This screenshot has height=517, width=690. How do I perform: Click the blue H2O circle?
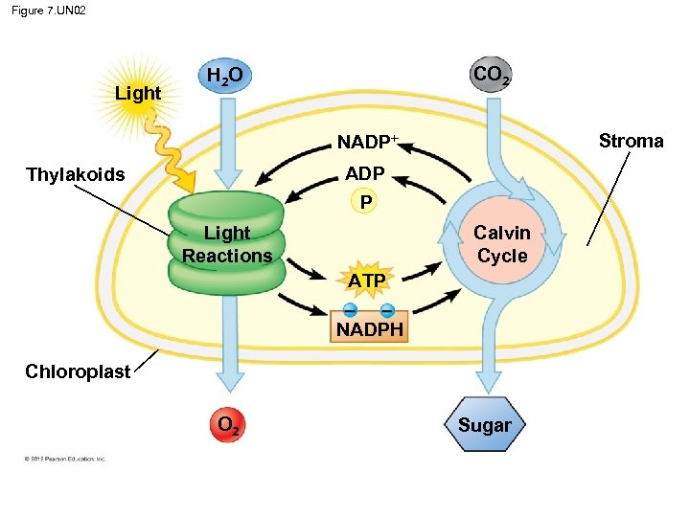point(224,76)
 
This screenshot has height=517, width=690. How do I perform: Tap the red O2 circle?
point(226,425)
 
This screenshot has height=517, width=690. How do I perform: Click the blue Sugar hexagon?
point(485,425)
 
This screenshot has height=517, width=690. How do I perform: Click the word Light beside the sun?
point(138,94)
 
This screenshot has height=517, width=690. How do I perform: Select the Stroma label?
point(631,142)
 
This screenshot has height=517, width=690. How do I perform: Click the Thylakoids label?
point(76,174)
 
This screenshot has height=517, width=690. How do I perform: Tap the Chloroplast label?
point(78,371)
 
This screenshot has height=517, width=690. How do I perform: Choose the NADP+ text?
point(367,144)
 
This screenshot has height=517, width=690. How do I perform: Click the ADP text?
point(364,173)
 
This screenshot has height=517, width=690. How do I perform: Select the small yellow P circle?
point(364,203)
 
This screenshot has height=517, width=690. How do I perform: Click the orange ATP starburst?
point(366,280)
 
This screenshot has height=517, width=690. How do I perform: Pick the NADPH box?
point(369,330)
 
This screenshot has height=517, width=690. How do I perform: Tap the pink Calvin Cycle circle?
point(502,244)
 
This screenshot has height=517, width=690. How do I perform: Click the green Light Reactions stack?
point(226,244)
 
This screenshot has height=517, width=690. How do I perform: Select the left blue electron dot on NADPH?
point(351,309)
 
